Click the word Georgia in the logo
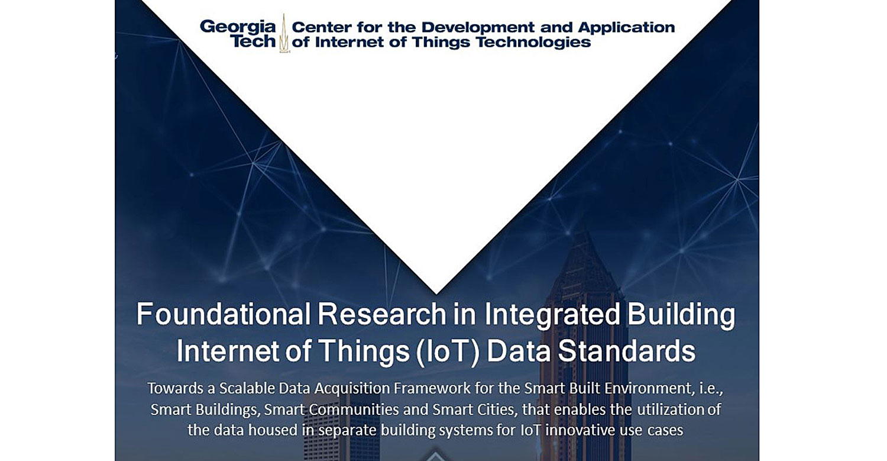[x=238, y=27]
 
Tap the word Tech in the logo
[x=253, y=41]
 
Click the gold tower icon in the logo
[x=284, y=34]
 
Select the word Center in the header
[x=320, y=27]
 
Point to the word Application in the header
[x=626, y=27]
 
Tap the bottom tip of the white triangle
[x=436, y=293]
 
